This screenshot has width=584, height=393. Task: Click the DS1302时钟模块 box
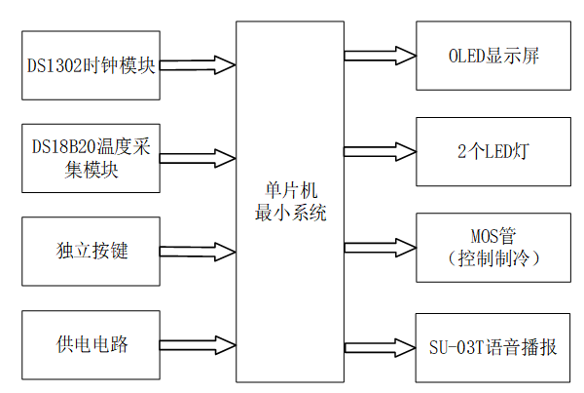[x=90, y=65]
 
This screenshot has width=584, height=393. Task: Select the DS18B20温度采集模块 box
[x=90, y=157]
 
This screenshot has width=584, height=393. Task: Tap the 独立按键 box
[x=90, y=251]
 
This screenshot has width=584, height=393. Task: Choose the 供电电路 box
[x=90, y=344]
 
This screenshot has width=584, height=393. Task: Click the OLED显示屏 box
[x=493, y=55]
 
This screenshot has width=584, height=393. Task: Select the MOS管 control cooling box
[x=493, y=248]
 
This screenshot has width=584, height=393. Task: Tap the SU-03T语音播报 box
[x=493, y=347]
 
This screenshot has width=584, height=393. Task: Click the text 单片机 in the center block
[x=290, y=191]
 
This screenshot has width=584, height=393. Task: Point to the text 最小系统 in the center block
[x=290, y=213]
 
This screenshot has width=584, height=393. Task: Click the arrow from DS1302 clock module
[x=198, y=65]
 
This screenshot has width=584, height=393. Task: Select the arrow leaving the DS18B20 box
[x=198, y=157]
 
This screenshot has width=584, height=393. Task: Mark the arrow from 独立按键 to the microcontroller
[x=198, y=251]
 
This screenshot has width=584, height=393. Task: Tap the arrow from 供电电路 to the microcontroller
[x=198, y=344]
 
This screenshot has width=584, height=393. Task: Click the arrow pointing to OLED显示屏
[x=380, y=55]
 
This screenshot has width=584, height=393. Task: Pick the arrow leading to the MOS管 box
[x=380, y=248]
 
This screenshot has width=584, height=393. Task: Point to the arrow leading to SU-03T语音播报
[x=380, y=347]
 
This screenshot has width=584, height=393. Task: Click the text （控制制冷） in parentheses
[x=493, y=258]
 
